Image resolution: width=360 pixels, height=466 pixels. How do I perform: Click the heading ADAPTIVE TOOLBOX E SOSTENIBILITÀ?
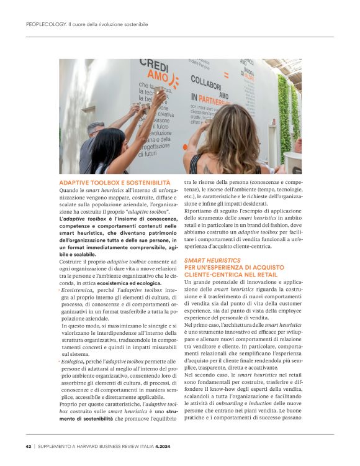(105, 183)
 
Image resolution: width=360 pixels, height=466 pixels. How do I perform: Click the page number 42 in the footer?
(29, 446)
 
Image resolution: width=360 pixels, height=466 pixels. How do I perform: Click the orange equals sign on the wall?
(227, 73)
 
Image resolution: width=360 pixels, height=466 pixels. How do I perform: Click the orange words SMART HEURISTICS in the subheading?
(212, 260)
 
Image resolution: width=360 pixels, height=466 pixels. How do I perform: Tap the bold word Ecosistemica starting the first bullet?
(77, 290)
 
